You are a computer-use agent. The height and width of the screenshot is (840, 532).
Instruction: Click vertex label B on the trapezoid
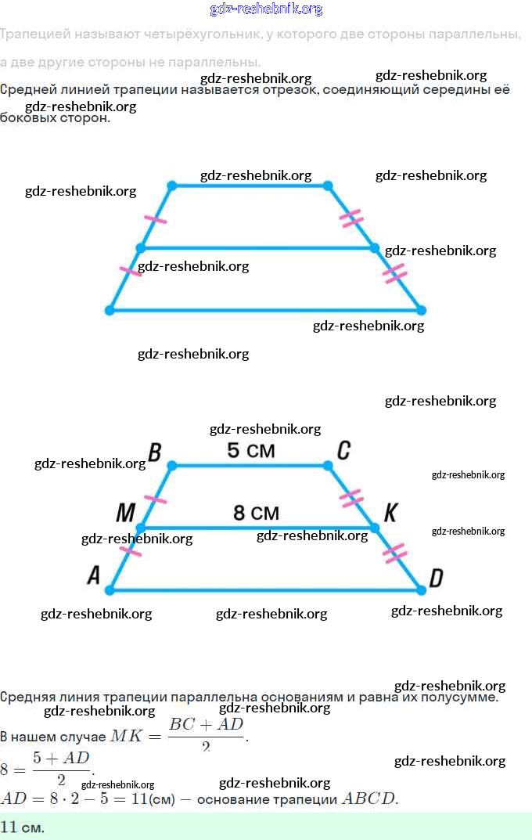[155, 452]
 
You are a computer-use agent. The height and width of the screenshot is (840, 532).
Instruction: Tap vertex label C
[343, 451]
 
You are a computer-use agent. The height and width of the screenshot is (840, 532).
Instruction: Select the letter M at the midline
[125, 513]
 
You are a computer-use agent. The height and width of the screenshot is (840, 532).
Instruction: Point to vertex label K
[390, 513]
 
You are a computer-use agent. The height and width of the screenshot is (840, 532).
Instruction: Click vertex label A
[94, 576]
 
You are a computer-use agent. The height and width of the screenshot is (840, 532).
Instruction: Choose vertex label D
[437, 578]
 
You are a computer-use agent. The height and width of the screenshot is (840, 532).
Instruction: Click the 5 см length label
[250, 451]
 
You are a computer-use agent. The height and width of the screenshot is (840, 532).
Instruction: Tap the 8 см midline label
[256, 513]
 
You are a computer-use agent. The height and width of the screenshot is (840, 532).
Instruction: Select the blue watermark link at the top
[266, 9]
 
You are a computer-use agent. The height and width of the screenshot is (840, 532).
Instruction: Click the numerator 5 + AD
[61, 758]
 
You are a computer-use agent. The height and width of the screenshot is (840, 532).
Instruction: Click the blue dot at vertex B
[172, 466]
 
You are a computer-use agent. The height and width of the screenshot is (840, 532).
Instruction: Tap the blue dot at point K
[375, 528]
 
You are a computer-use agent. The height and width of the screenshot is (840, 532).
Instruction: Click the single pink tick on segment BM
[156, 499]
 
